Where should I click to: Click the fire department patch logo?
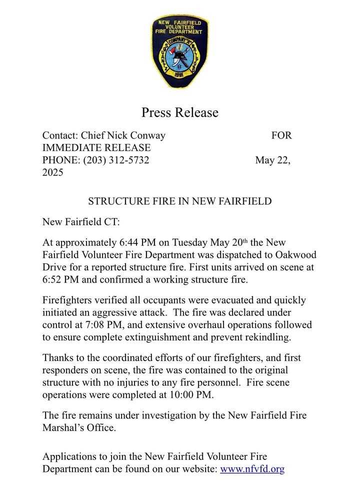pyautogui.click(x=180, y=52)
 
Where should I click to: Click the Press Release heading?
pyautogui.click(x=180, y=112)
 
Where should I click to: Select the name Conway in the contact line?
pyautogui.click(x=148, y=135)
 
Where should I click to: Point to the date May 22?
pyautogui.click(x=273, y=160)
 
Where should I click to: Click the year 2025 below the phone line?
pyautogui.click(x=53, y=173)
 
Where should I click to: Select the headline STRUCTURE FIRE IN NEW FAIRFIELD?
pyautogui.click(x=180, y=201)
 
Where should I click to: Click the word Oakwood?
pyautogui.click(x=294, y=255)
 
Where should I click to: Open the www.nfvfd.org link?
pyautogui.click(x=252, y=469)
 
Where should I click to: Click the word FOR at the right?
pyautogui.click(x=281, y=135)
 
